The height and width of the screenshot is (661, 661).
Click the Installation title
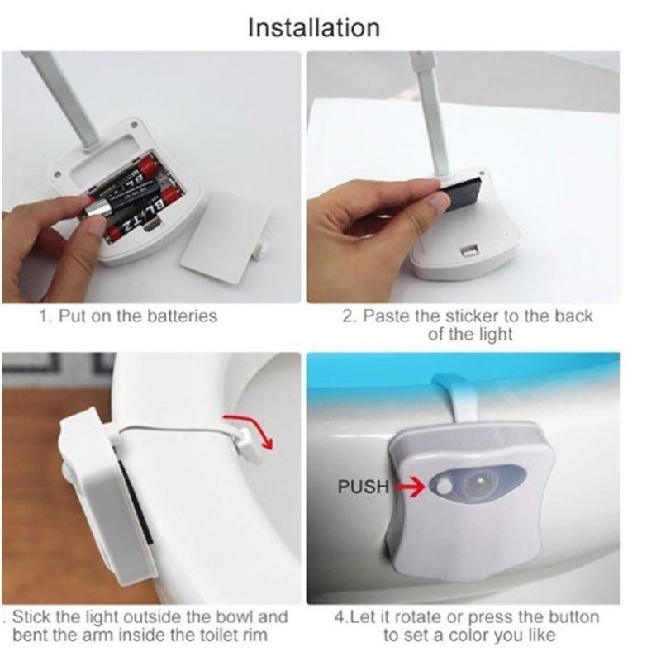(x=314, y=28)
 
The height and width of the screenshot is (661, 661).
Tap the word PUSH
(x=364, y=487)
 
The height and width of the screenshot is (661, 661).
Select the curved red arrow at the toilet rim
(x=250, y=428)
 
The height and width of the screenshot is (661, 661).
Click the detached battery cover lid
(x=226, y=237)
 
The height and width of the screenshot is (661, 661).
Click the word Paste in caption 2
(x=386, y=316)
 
